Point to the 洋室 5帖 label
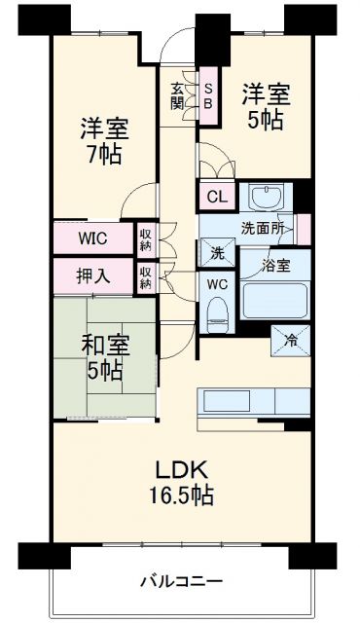point(265,107)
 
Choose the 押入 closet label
point(92,275)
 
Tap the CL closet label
point(216,197)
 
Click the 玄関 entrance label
point(176,94)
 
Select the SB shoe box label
point(207,95)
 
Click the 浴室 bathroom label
point(275,264)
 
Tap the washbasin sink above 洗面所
point(262,199)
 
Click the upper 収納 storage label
point(145,237)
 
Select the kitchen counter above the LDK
point(253,402)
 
